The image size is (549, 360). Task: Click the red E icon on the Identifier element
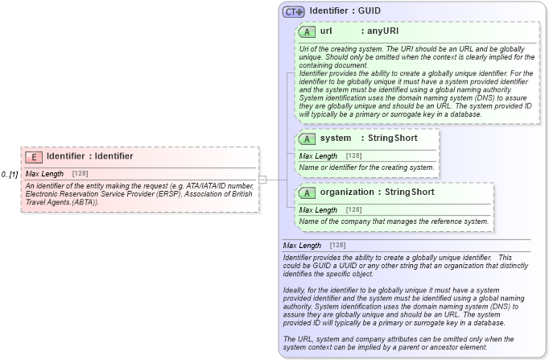click(x=34, y=157)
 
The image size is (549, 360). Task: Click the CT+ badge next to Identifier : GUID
click(x=293, y=11)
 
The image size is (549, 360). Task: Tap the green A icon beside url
click(x=307, y=31)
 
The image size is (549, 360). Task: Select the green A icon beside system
click(x=307, y=139)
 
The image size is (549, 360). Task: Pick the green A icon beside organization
click(x=307, y=192)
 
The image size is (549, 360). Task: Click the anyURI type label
click(x=379, y=31)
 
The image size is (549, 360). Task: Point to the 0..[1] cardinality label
click(x=10, y=175)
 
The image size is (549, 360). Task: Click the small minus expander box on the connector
click(x=262, y=179)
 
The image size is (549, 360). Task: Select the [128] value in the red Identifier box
click(x=80, y=174)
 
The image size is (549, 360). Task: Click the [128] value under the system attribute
click(x=353, y=155)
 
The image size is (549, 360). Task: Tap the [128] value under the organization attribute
click(x=353, y=209)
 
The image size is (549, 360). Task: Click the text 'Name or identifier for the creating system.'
click(x=367, y=167)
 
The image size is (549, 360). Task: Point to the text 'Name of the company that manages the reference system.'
click(x=394, y=221)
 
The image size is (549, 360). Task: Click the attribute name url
click(x=326, y=31)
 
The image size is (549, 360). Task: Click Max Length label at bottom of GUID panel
click(x=302, y=245)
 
